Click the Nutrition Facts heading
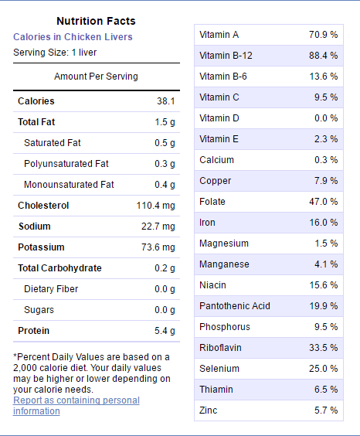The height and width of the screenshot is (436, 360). (96, 21)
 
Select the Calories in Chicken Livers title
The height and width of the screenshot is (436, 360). (73, 37)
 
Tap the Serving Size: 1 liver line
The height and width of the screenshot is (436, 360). (55, 53)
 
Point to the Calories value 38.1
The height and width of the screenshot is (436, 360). (166, 101)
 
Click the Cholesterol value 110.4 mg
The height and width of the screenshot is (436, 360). (155, 206)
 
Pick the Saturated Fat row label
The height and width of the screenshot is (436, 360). (53, 143)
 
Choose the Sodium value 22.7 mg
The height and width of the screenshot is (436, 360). (158, 227)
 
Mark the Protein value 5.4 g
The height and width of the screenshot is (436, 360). (165, 331)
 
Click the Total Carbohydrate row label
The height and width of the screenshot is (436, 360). (59, 268)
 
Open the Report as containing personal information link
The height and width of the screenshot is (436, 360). (76, 405)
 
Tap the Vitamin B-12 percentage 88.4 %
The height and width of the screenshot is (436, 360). (324, 56)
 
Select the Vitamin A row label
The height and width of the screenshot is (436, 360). (219, 35)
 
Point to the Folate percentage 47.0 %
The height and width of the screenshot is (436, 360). (324, 202)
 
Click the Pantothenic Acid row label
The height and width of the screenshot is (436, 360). (235, 306)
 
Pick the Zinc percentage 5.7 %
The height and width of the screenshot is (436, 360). (326, 410)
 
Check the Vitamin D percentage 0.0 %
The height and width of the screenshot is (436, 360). (326, 118)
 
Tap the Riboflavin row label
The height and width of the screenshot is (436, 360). (220, 348)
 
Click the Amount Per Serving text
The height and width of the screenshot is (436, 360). (96, 77)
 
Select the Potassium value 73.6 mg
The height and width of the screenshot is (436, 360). (158, 247)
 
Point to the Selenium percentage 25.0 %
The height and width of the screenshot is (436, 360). (324, 369)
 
